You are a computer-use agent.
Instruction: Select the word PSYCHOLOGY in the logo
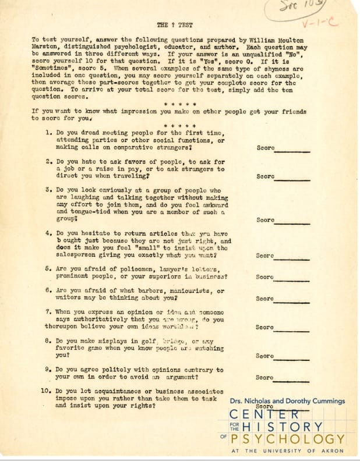click(291, 439)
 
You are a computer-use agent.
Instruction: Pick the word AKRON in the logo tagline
click(331, 451)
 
